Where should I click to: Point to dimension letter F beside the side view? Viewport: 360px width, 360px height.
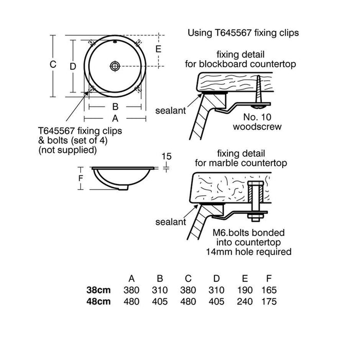(x=81, y=178)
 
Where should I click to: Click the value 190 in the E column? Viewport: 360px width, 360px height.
(x=244, y=290)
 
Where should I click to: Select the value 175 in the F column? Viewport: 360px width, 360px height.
(x=268, y=301)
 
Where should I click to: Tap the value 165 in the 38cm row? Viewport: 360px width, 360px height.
(x=268, y=290)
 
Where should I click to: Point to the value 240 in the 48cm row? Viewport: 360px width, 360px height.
(x=244, y=301)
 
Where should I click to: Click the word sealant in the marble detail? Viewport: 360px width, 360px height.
(x=170, y=222)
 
